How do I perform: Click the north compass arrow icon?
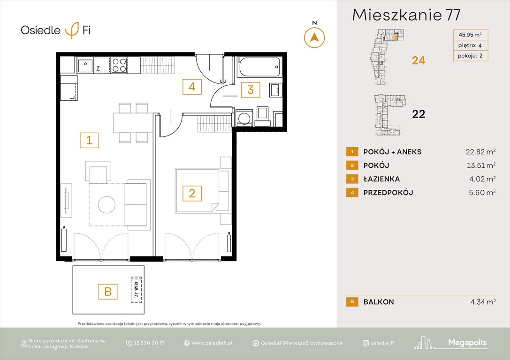[314, 37]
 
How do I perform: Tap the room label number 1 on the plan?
[89, 140]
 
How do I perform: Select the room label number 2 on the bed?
[192, 193]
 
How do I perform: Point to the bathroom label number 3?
[251, 90]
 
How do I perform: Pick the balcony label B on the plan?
[107, 292]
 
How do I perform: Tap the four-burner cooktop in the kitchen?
[119, 65]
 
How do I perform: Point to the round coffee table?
[107, 204]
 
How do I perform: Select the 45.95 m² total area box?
[471, 34]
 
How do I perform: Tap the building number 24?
[418, 60]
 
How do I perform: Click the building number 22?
[418, 114]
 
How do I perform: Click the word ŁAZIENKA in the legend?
[382, 179]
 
